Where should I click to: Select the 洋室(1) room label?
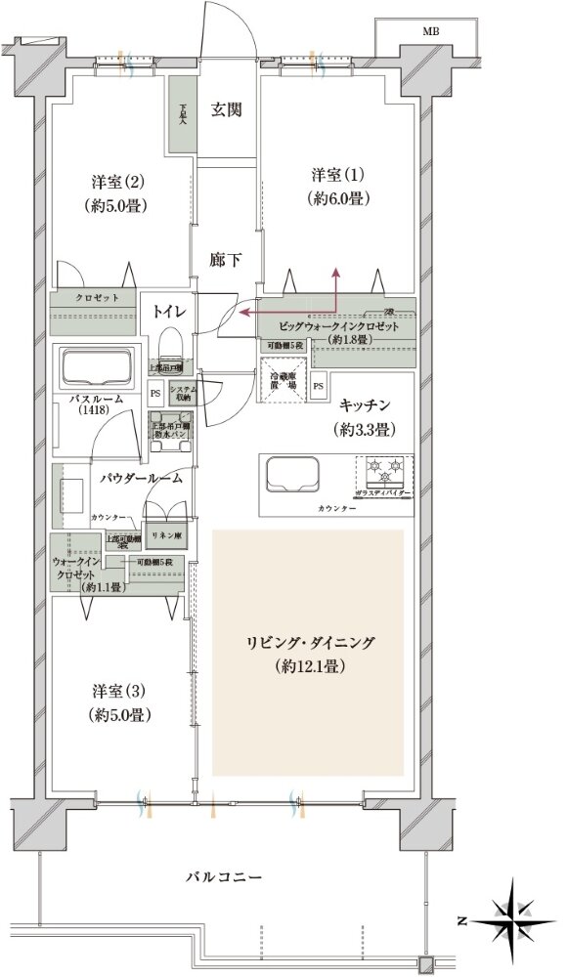pyautogui.click(x=337, y=176)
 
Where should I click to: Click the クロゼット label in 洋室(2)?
pyautogui.click(x=99, y=296)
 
